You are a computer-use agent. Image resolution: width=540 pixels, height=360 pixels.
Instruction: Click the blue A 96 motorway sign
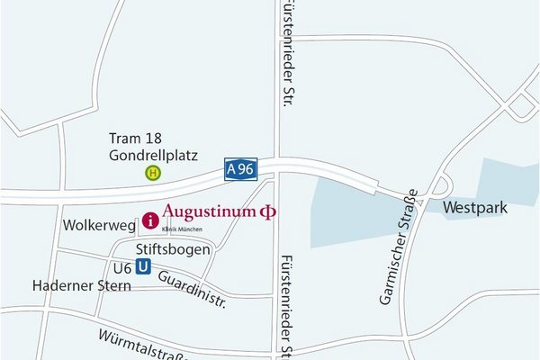tap(240, 169)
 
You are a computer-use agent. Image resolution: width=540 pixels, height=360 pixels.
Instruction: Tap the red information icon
tap(150, 220)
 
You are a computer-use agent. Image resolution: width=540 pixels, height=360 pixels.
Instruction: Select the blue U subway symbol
tap(142, 267)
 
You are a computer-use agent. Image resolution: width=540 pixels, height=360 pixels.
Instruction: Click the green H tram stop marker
tap(154, 173)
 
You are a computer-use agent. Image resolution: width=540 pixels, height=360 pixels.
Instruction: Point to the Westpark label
tap(476, 208)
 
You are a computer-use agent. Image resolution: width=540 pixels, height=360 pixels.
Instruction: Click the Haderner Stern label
tap(82, 286)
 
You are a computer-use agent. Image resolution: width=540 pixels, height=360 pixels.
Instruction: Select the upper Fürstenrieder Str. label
tap(289, 55)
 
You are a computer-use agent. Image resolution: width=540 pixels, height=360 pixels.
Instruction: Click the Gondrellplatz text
tap(153, 155)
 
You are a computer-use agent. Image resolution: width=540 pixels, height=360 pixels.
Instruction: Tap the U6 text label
tap(122, 268)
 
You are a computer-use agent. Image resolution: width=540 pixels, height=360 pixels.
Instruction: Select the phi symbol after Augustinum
tap(267, 212)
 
